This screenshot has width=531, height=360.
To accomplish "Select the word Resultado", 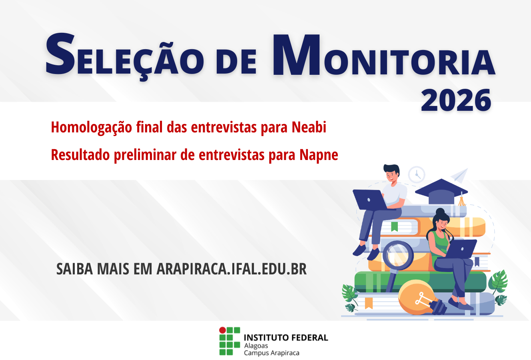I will click(80, 155).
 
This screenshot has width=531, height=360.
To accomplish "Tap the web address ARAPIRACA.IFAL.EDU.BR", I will click(232, 269).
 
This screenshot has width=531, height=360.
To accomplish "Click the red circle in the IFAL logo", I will click(222, 330).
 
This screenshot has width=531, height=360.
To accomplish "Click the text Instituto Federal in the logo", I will click(286, 338).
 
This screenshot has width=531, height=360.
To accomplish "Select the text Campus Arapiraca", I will click(271, 353).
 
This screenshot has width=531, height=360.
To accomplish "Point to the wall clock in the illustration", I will click(417, 175).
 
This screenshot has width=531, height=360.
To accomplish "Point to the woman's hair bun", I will click(440, 211).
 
